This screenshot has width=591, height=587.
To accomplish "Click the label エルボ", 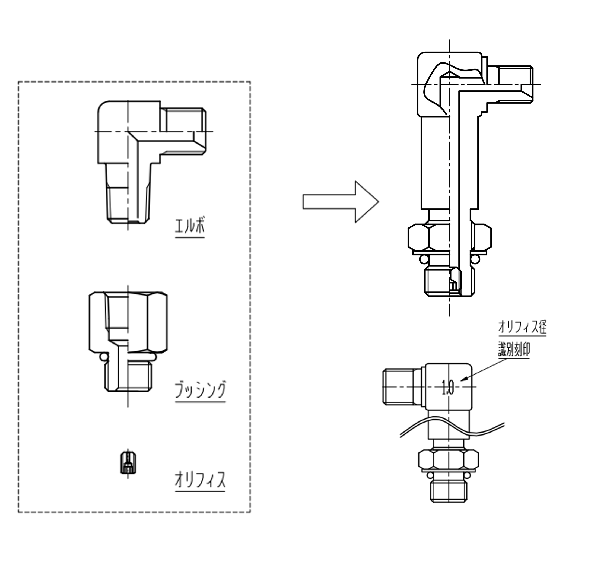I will pyautogui.click(x=190, y=226).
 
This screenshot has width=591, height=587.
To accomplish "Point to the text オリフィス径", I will pyautogui.click(x=522, y=327).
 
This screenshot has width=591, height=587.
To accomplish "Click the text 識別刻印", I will pyautogui.click(x=514, y=350).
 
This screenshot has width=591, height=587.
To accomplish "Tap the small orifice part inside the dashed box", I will pyautogui.click(x=128, y=462).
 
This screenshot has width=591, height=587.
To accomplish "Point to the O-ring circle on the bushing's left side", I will pyautogui.click(x=104, y=357).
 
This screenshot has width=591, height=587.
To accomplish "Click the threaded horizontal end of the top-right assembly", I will pyautogui.click(x=516, y=84).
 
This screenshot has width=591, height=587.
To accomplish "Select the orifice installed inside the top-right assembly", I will pyautogui.click(x=455, y=280).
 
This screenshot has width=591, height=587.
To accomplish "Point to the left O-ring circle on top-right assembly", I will pyautogui.click(x=424, y=259).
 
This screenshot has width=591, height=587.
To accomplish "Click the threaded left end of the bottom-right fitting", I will pyautogui.click(x=398, y=387).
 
